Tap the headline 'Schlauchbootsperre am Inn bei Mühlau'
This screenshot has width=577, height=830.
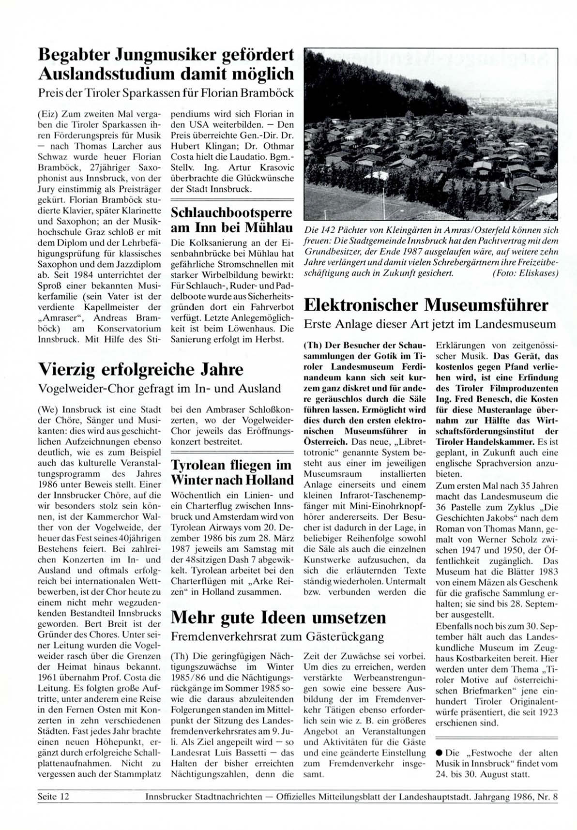coord(232,220)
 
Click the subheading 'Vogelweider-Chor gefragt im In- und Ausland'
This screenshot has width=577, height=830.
coord(159,388)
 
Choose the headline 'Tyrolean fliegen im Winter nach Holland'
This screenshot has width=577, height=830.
coord(232,473)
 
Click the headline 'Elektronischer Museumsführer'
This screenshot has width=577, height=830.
coord(425,305)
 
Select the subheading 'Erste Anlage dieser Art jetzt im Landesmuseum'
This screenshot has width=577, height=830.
coord(429,324)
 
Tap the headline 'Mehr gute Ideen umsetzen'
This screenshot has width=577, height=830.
coord(279,618)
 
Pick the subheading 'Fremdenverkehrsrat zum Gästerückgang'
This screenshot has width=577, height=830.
coord(278,636)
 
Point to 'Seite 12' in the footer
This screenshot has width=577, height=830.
coord(53,796)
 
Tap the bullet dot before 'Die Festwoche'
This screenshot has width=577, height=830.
coord(439,753)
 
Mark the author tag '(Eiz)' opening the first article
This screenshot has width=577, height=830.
coord(46,115)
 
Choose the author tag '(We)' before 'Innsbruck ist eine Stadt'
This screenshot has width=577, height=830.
coord(46,409)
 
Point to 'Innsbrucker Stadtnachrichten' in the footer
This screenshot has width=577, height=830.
coord(203,796)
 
